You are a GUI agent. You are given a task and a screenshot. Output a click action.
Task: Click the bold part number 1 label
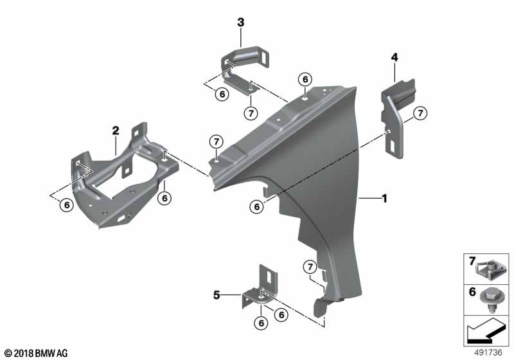pyautogui.click(x=384, y=199)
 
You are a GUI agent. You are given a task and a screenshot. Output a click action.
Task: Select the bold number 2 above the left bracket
pyautogui.click(x=116, y=130)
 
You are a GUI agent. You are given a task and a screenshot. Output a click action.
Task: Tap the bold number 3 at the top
pyautogui.click(x=241, y=22)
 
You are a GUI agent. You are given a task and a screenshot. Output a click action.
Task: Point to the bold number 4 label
pyautogui.click(x=394, y=58)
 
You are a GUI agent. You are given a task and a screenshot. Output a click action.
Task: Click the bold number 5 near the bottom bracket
pyautogui.click(x=217, y=296)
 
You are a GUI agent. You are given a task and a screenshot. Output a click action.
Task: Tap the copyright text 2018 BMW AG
pyautogui.click(x=35, y=353)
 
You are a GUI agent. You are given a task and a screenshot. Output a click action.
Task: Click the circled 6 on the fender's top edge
pyautogui.click(x=305, y=79)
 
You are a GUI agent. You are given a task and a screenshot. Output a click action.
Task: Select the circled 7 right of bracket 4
pyautogui.click(x=420, y=114)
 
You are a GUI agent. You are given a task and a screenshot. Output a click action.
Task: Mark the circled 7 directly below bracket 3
pyautogui.click(x=251, y=113)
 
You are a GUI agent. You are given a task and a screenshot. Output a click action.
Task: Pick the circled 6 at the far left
pyautogui.click(x=66, y=206)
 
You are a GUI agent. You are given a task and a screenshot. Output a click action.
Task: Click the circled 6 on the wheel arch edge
pyautogui.click(x=257, y=206)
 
